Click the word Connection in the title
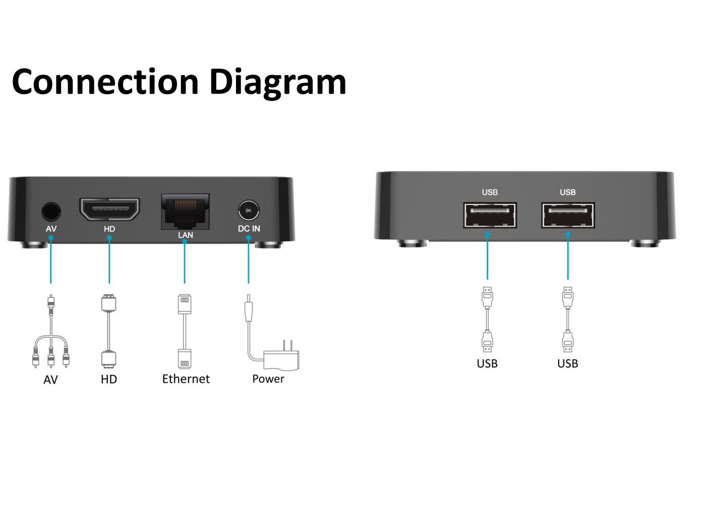coord(105,82)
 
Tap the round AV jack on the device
coord(51,211)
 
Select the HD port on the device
coord(109,209)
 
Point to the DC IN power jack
coord(248,210)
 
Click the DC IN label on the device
coord(249,229)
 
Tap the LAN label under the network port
coord(186,235)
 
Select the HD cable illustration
coord(109,331)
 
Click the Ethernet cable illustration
coord(185,331)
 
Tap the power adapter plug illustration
coord(275,353)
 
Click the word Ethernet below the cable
coord(186,379)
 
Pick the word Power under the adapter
coord(268,379)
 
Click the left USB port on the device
coord(490,216)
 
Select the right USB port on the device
coord(568,216)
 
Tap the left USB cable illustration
coord(487,319)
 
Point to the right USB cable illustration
coord(568,319)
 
